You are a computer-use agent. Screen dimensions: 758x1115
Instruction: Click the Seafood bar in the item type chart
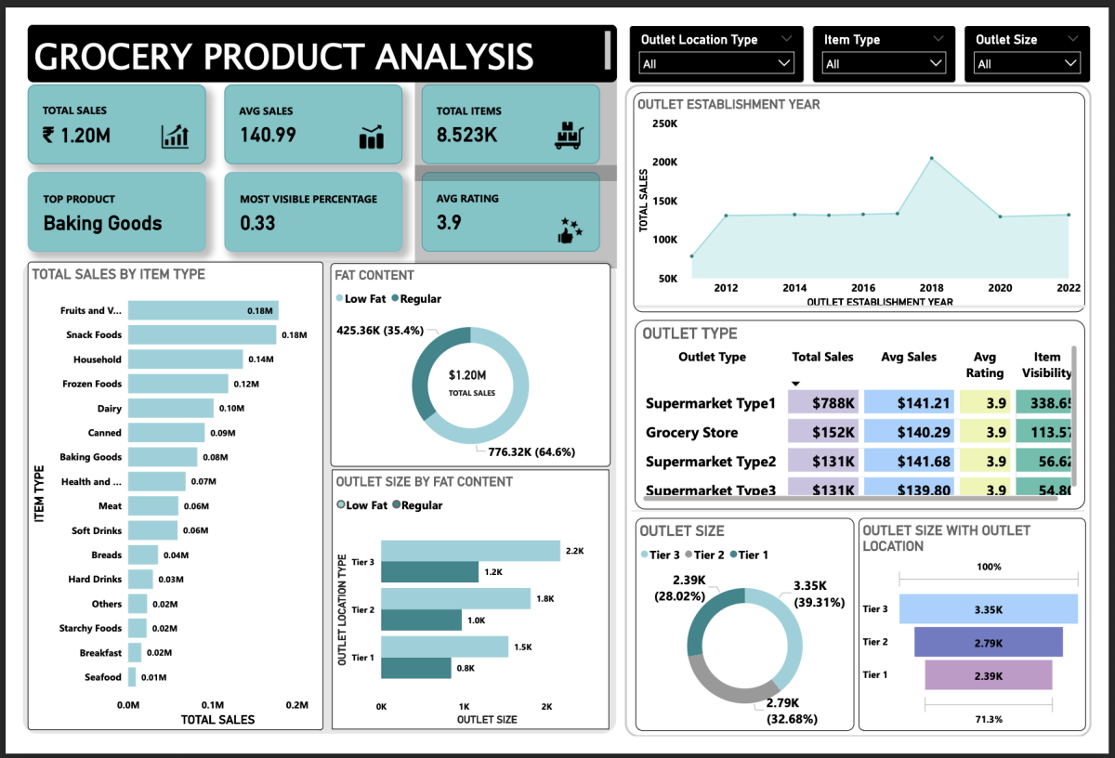tap(132, 677)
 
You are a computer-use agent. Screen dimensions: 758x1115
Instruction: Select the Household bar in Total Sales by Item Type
tap(186, 359)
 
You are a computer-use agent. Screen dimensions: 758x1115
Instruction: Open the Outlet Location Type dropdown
tap(716, 63)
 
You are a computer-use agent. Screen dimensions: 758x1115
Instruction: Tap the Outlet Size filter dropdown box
tap(1027, 63)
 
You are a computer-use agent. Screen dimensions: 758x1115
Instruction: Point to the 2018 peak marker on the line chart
tap(932, 159)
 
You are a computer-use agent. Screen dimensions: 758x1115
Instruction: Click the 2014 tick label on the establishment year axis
tap(794, 288)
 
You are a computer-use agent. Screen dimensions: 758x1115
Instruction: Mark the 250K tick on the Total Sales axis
tap(664, 124)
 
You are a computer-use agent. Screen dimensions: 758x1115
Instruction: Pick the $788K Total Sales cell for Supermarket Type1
tap(822, 403)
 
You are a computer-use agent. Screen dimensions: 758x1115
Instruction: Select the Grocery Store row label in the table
tap(692, 432)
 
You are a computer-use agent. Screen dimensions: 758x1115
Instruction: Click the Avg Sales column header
tap(909, 357)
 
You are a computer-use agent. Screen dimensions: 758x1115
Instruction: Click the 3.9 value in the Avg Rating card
tap(449, 223)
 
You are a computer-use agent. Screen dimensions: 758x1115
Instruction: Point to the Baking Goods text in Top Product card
tap(102, 224)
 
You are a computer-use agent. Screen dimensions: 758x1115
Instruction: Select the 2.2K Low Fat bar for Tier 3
tap(470, 551)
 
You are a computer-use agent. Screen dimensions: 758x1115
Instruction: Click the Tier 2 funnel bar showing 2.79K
tap(988, 642)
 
